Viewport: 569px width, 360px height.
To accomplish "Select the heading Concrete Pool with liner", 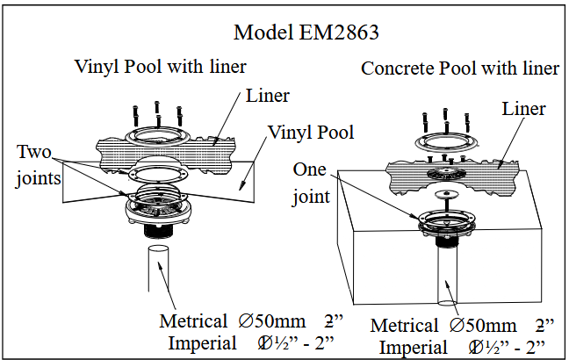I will point(460,68).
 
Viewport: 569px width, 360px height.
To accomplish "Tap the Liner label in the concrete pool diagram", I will point(524,109).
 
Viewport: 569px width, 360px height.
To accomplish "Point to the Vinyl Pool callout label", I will point(311,133).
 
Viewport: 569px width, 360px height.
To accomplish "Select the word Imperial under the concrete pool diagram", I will point(411,346).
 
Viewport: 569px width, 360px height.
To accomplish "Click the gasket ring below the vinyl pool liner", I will point(157,174).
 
